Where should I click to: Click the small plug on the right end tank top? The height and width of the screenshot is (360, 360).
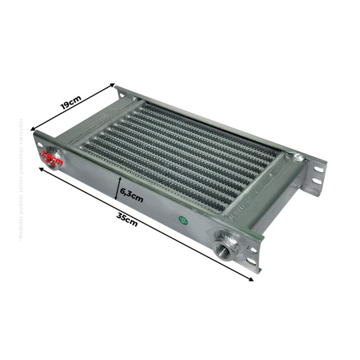[x=296, y=156]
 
